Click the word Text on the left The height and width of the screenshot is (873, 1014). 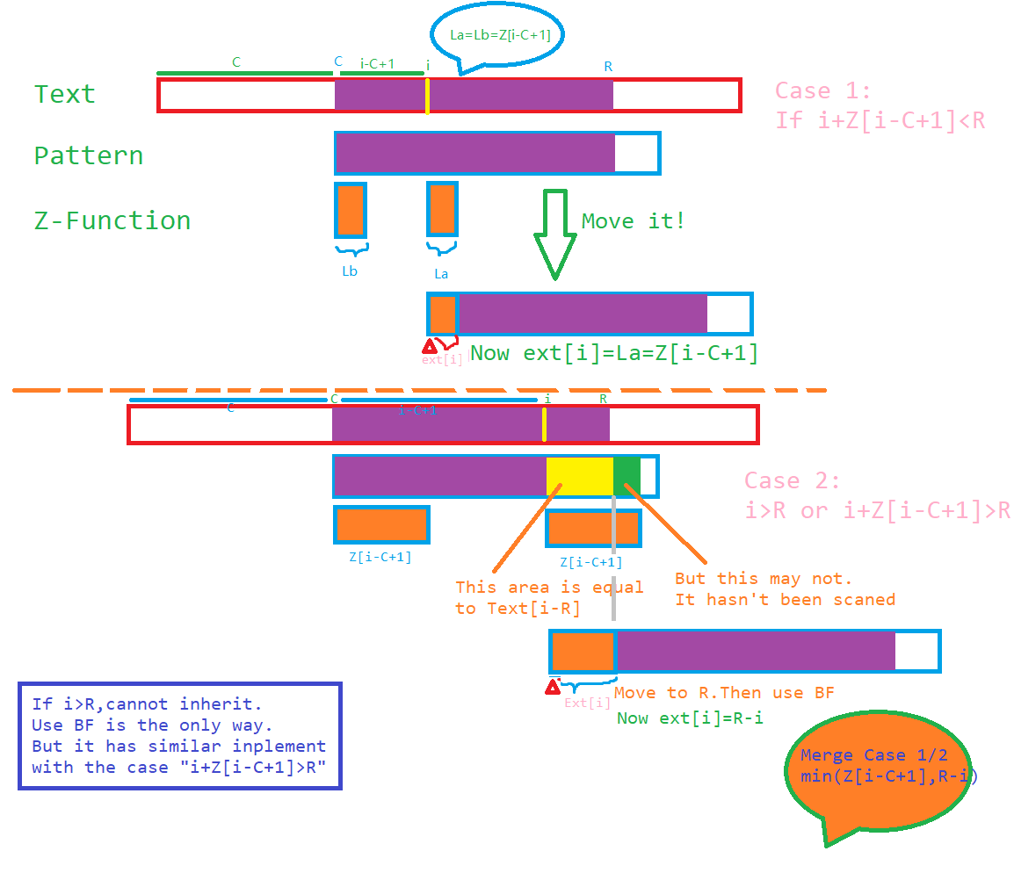(64, 94)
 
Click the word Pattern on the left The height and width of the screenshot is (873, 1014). (88, 155)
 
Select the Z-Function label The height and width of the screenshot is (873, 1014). (112, 220)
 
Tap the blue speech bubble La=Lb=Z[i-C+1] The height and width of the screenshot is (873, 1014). (498, 36)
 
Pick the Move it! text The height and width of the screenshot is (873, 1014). (633, 220)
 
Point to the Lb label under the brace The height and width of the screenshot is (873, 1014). (350, 271)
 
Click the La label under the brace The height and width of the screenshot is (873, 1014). (441, 274)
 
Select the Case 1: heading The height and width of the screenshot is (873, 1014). (822, 90)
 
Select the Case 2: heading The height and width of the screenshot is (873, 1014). (792, 480)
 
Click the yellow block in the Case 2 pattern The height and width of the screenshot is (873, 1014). (579, 476)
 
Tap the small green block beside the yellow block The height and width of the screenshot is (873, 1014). (627, 476)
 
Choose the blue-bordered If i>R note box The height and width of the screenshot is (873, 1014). (179, 736)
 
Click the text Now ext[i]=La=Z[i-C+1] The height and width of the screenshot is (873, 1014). (614, 353)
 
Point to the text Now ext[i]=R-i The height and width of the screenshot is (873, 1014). (690, 718)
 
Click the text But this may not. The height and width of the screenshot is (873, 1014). (764, 579)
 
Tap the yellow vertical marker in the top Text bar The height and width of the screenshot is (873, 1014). (427, 95)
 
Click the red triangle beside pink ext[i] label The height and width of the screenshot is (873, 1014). (430, 346)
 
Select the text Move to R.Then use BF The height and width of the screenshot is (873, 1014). (724, 693)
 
